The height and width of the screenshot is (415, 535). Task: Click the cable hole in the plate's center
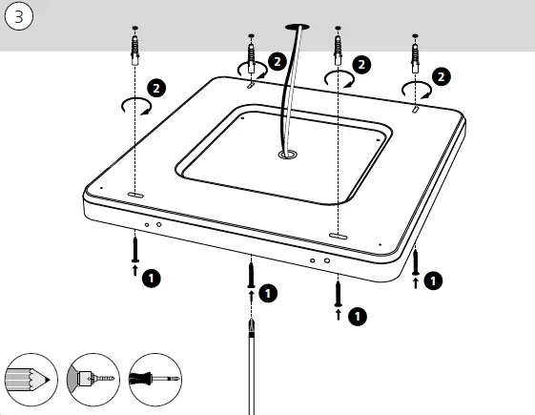[286, 153]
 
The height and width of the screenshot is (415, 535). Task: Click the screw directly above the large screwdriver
[252, 274]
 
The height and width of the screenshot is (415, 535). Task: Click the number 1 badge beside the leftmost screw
[151, 280]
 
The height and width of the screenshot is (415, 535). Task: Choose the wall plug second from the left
[251, 55]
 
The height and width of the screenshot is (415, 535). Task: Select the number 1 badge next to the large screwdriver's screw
[269, 292]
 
